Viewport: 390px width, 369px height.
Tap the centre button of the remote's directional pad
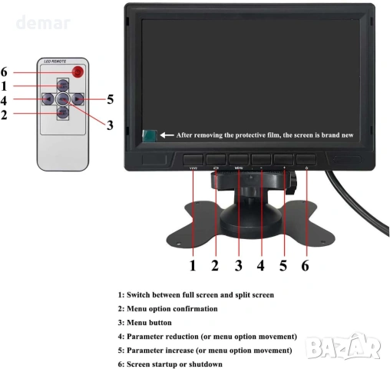click(64, 99)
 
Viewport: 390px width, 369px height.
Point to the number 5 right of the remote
click(111, 99)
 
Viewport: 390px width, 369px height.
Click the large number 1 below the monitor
click(193, 266)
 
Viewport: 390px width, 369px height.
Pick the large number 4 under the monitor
click(260, 266)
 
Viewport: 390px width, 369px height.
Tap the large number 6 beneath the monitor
click(306, 266)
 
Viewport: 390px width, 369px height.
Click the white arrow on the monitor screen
click(167, 135)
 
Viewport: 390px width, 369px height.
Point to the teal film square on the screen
click(150, 135)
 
